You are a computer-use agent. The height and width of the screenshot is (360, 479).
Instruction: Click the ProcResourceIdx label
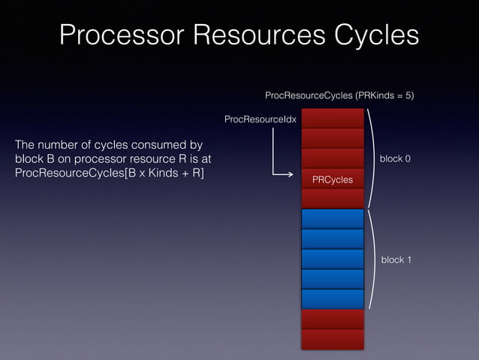(x=261, y=119)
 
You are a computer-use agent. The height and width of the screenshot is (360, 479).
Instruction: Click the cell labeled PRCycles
(x=333, y=180)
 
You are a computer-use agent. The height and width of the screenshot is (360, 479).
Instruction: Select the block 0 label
(x=395, y=159)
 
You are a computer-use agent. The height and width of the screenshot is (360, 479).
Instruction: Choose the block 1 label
(x=395, y=259)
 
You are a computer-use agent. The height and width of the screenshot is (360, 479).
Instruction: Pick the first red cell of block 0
(x=333, y=119)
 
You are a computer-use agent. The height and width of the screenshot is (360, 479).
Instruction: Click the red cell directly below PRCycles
(x=333, y=199)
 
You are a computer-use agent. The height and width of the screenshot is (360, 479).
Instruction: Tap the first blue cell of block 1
(x=333, y=219)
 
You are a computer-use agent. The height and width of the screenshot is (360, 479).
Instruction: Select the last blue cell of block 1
(x=333, y=299)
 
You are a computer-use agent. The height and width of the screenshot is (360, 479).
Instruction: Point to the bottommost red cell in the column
(x=333, y=340)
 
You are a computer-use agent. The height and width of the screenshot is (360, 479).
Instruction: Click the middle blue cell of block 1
(x=333, y=259)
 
